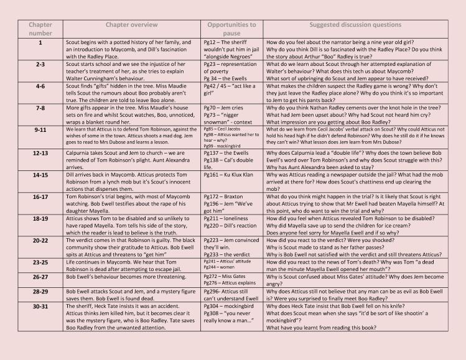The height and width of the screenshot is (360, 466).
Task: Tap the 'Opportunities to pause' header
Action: pyautogui.click(x=231, y=29)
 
